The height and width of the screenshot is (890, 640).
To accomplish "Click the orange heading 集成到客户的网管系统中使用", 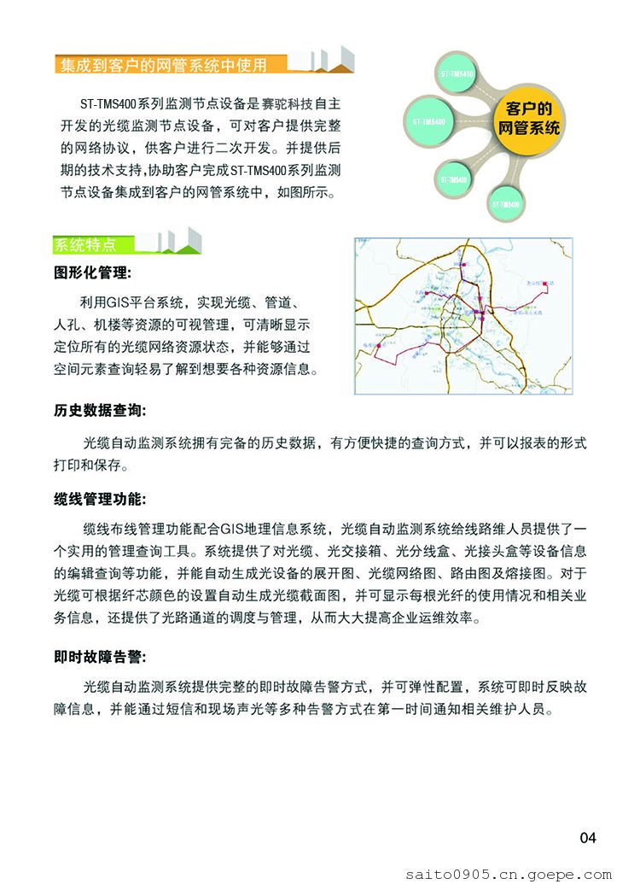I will click(163, 65).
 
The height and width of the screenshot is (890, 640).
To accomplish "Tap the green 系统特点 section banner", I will click(85, 245).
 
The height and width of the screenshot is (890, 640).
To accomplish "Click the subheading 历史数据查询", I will click(100, 411).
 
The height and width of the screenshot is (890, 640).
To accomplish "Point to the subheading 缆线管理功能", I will click(100, 499).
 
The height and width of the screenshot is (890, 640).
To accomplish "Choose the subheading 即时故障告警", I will click(100, 657).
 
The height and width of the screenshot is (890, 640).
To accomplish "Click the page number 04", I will click(588, 838).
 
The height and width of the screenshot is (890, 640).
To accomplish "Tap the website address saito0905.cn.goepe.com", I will click(508, 875).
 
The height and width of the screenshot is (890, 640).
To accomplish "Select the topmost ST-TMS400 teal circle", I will click(458, 75).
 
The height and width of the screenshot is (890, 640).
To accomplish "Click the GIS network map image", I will click(463, 316).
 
